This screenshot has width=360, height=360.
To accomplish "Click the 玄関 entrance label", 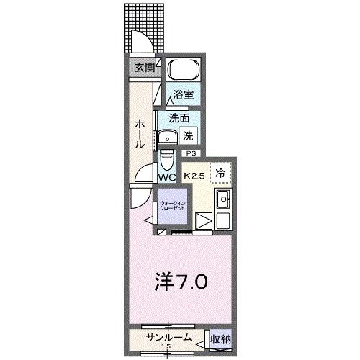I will click(x=145, y=68).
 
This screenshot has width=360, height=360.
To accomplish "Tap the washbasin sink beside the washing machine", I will click(x=170, y=136).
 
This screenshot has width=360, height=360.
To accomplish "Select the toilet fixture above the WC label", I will click(x=167, y=156).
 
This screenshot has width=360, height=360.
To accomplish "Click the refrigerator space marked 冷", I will click(x=221, y=174).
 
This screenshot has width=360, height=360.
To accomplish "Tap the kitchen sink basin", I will click(x=222, y=200).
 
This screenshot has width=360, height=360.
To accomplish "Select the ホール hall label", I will click(x=141, y=133).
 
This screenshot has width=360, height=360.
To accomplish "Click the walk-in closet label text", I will click(x=173, y=204).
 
